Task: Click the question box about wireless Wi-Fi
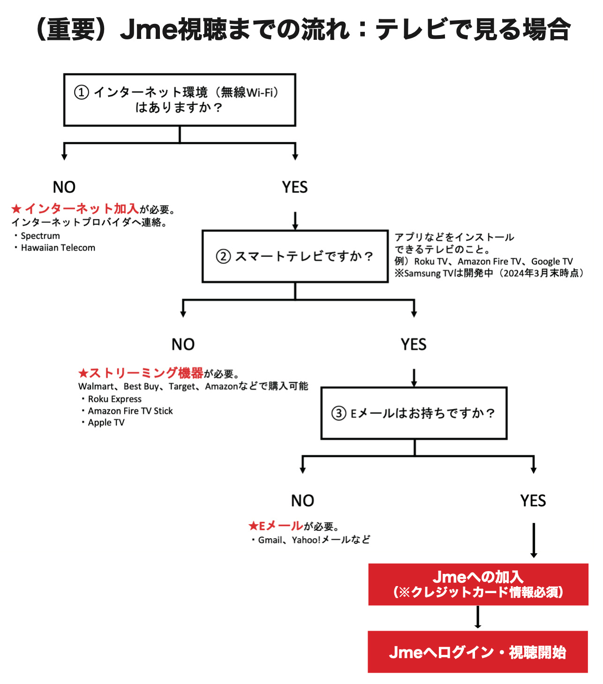tap(180, 100)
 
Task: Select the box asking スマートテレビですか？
tap(295, 256)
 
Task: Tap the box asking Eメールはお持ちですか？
tap(414, 413)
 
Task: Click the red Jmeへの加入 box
tap(478, 584)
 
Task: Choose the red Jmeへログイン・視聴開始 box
tap(478, 652)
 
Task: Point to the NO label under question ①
tap(64, 187)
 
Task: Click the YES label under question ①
tap(295, 187)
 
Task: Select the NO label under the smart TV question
tap(183, 344)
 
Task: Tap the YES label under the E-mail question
tap(533, 500)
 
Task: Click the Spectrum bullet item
tap(37, 236)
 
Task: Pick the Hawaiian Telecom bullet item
tap(55, 248)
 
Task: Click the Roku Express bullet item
tap(112, 399)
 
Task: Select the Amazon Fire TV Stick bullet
tap(127, 411)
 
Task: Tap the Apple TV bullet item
tap(103, 423)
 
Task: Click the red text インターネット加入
tap(82, 208)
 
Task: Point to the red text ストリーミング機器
tap(146, 373)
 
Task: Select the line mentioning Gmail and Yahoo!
tap(311, 540)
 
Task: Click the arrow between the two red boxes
tap(478, 617)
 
